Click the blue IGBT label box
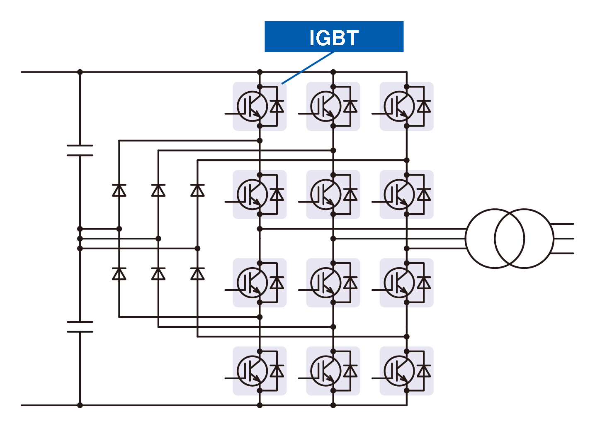point(334,37)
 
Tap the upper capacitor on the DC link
point(80,150)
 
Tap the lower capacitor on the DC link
point(80,327)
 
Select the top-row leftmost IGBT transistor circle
point(252,106)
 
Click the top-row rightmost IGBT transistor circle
point(399,106)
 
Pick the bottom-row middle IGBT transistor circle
point(325,371)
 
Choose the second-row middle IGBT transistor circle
point(325,194)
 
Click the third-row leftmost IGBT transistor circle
point(252,283)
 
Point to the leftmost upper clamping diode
point(119,190)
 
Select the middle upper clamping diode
point(158,190)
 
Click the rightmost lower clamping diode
point(197,274)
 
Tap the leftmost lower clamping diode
point(119,274)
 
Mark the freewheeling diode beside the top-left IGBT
point(277,106)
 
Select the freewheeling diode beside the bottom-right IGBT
point(423,371)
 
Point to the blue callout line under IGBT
point(308,68)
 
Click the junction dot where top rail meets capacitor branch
point(80,72)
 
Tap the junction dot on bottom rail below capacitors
point(80,405)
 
